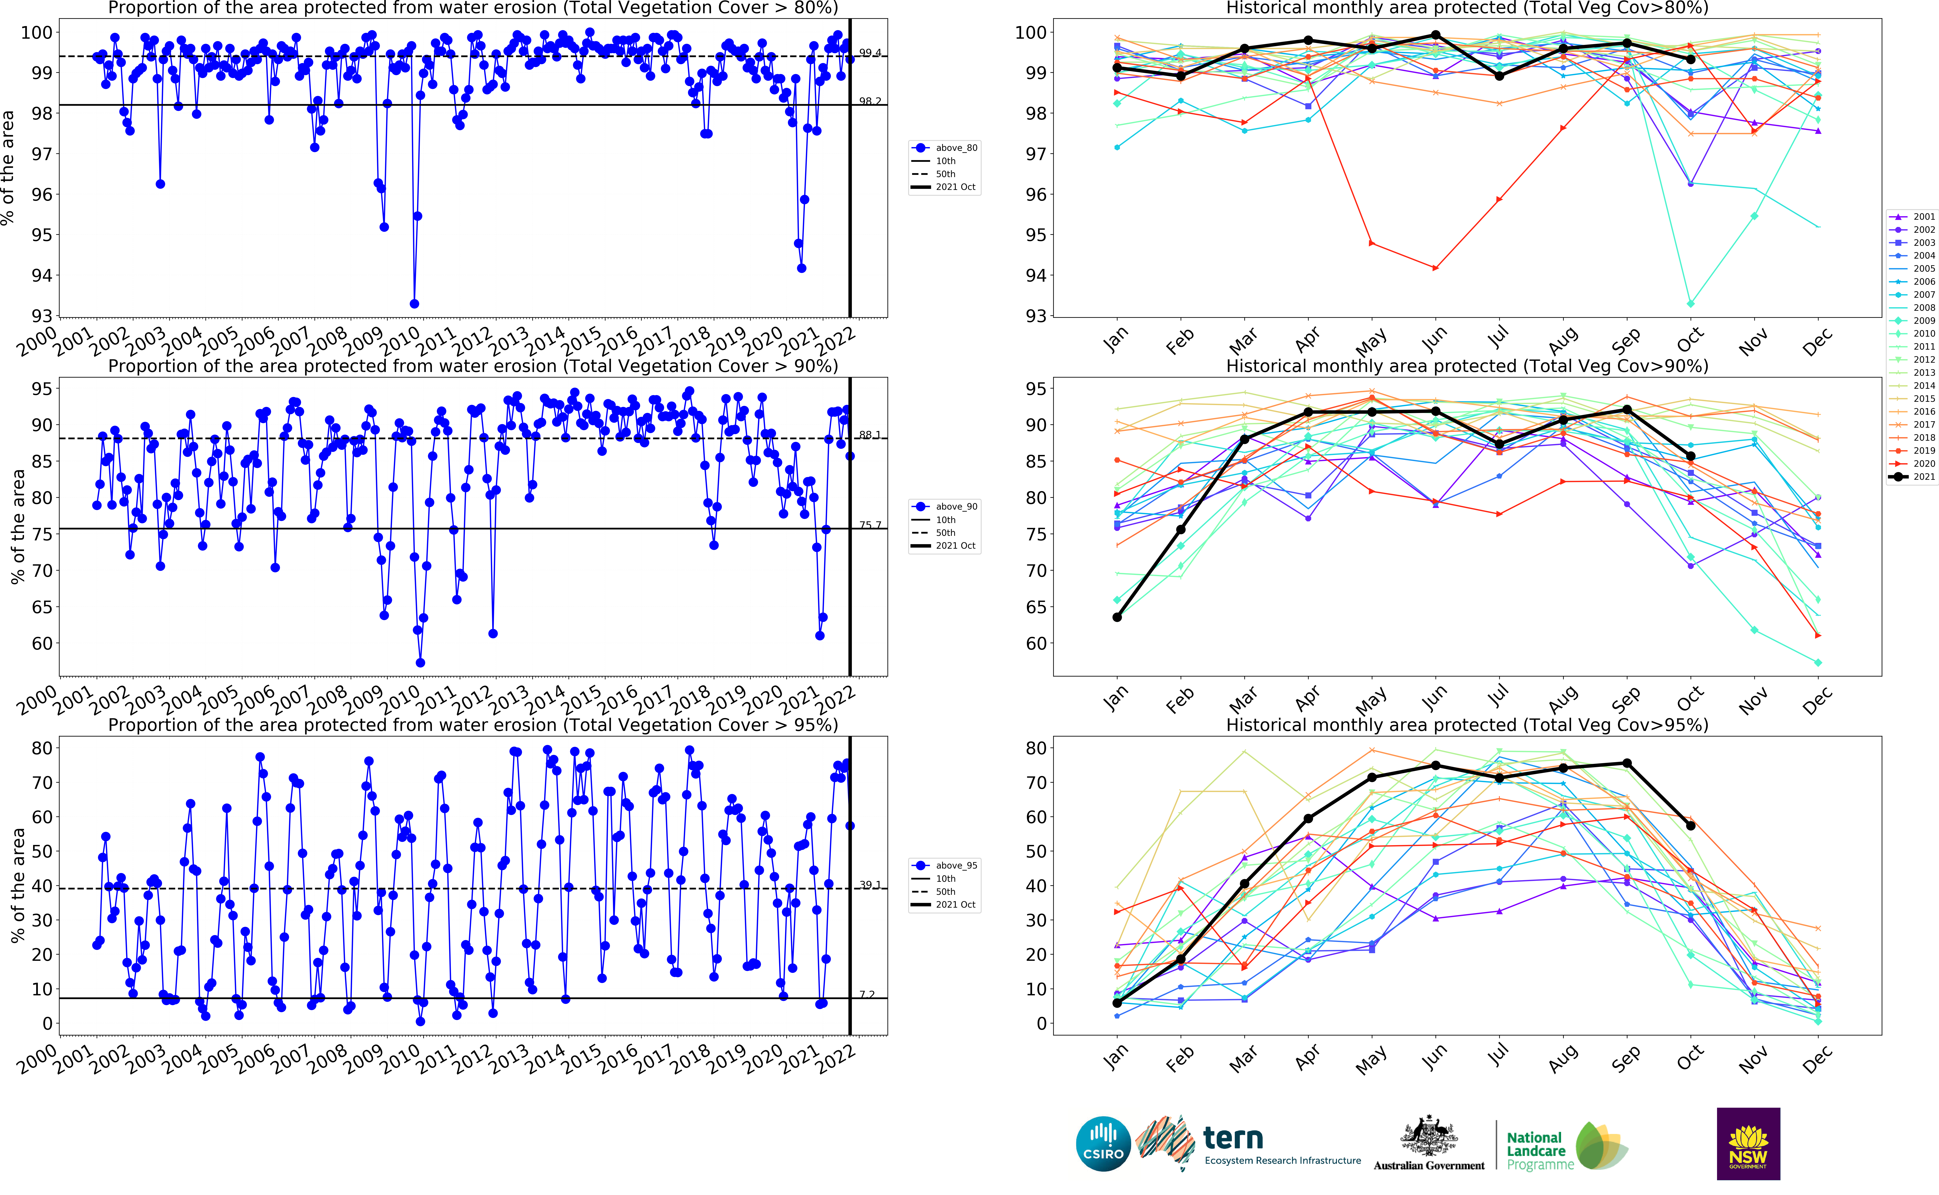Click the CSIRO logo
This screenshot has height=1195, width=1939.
coord(1103,1144)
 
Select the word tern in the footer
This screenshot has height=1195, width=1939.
coord(1233,1138)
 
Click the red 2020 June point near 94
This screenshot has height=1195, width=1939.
coord(1435,268)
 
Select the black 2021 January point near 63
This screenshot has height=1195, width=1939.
coord(1116,617)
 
